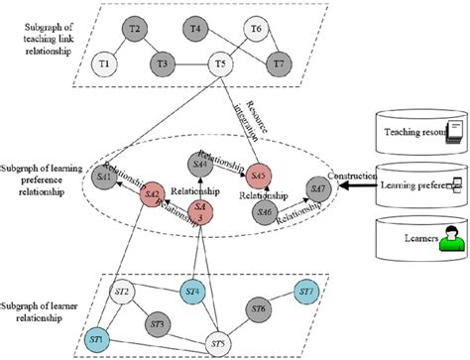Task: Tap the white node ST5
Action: pyautogui.click(x=220, y=344)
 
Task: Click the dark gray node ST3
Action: pyautogui.click(x=155, y=324)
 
